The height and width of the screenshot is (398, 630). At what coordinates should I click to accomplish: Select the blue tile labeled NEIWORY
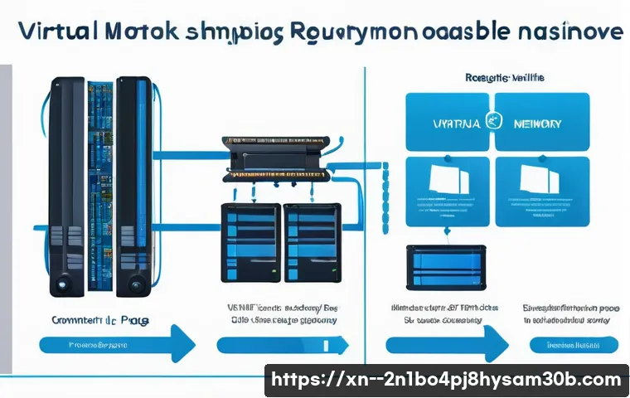[x=542, y=122]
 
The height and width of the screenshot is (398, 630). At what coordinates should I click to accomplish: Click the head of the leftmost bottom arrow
[x=181, y=342]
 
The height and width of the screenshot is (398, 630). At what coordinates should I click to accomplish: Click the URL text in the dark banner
[x=446, y=380]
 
